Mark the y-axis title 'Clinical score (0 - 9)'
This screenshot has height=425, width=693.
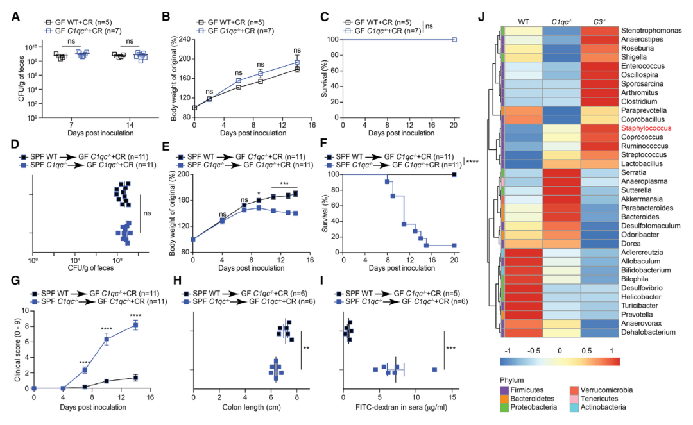[x=17, y=349]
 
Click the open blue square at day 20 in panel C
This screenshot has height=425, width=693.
[x=454, y=40]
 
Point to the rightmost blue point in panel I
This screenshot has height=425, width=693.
[x=434, y=369]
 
